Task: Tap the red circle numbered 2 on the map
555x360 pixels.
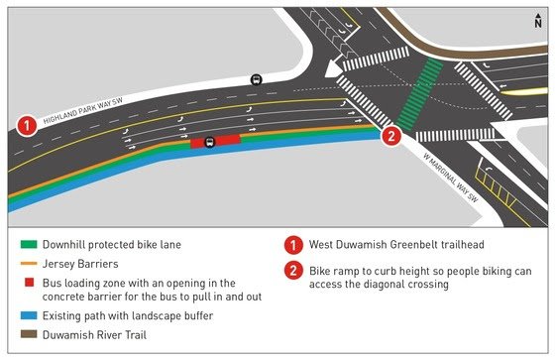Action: [391, 138]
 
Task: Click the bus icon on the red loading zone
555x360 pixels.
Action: [210, 142]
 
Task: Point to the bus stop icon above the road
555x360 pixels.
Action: [257, 80]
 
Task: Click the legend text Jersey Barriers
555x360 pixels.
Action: [79, 263]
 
